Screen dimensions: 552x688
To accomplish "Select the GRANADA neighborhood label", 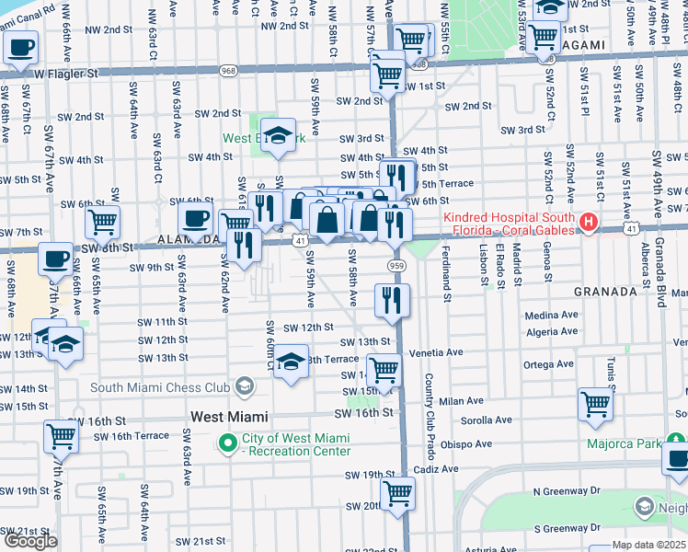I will [x=605, y=292].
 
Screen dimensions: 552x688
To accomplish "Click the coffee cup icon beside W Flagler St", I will [x=20, y=48].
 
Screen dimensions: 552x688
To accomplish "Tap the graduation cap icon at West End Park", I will [x=278, y=135].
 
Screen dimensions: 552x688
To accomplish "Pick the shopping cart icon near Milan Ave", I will [x=595, y=403].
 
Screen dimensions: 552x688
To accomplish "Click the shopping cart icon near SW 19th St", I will [x=397, y=493].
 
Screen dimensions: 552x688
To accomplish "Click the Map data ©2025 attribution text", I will [x=649, y=545].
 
